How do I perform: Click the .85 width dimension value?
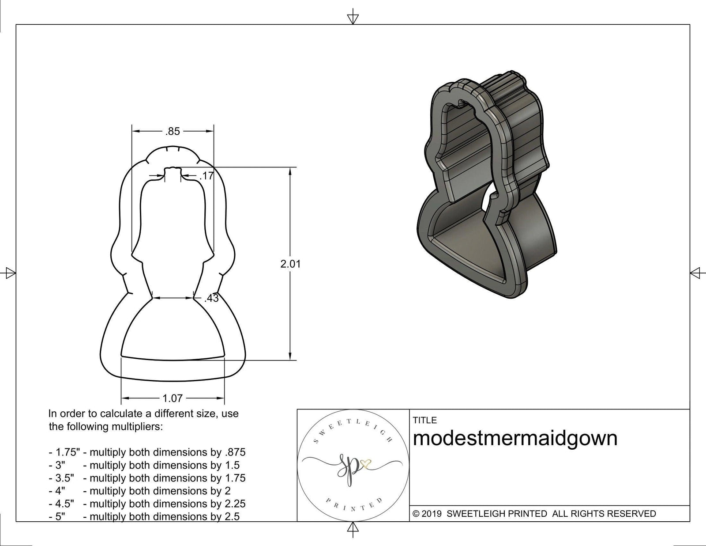[173, 131]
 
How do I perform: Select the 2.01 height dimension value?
[290, 264]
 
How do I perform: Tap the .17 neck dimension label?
[206, 176]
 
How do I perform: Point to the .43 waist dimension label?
[211, 298]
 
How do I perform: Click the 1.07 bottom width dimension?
[173, 398]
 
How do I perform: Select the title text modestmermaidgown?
[514, 439]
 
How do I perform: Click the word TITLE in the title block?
[424, 420]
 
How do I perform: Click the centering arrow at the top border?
[353, 18]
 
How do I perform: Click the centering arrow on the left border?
[9, 273]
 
